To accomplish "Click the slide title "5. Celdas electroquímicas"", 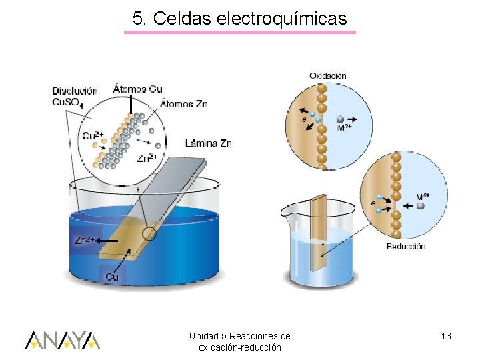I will [x=240, y=19].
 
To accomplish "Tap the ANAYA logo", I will [x=63, y=340].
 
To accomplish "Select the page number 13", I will [x=446, y=336].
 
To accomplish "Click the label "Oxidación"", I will [x=327, y=76].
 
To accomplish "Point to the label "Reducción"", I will [x=406, y=246].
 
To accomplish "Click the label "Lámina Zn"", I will [x=208, y=143].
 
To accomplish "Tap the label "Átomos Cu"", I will [x=137, y=89].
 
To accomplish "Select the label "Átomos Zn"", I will [x=184, y=103].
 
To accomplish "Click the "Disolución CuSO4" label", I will [x=75, y=96].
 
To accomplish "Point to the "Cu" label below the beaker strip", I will [x=112, y=276].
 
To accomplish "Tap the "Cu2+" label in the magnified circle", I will [x=93, y=136].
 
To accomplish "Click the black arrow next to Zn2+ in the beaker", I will [x=109, y=241].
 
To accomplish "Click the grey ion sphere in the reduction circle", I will [x=421, y=206].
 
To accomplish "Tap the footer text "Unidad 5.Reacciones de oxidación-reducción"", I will [x=239, y=341].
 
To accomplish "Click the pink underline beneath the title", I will [x=240, y=32].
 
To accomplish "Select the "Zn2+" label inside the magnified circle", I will [x=147, y=158].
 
